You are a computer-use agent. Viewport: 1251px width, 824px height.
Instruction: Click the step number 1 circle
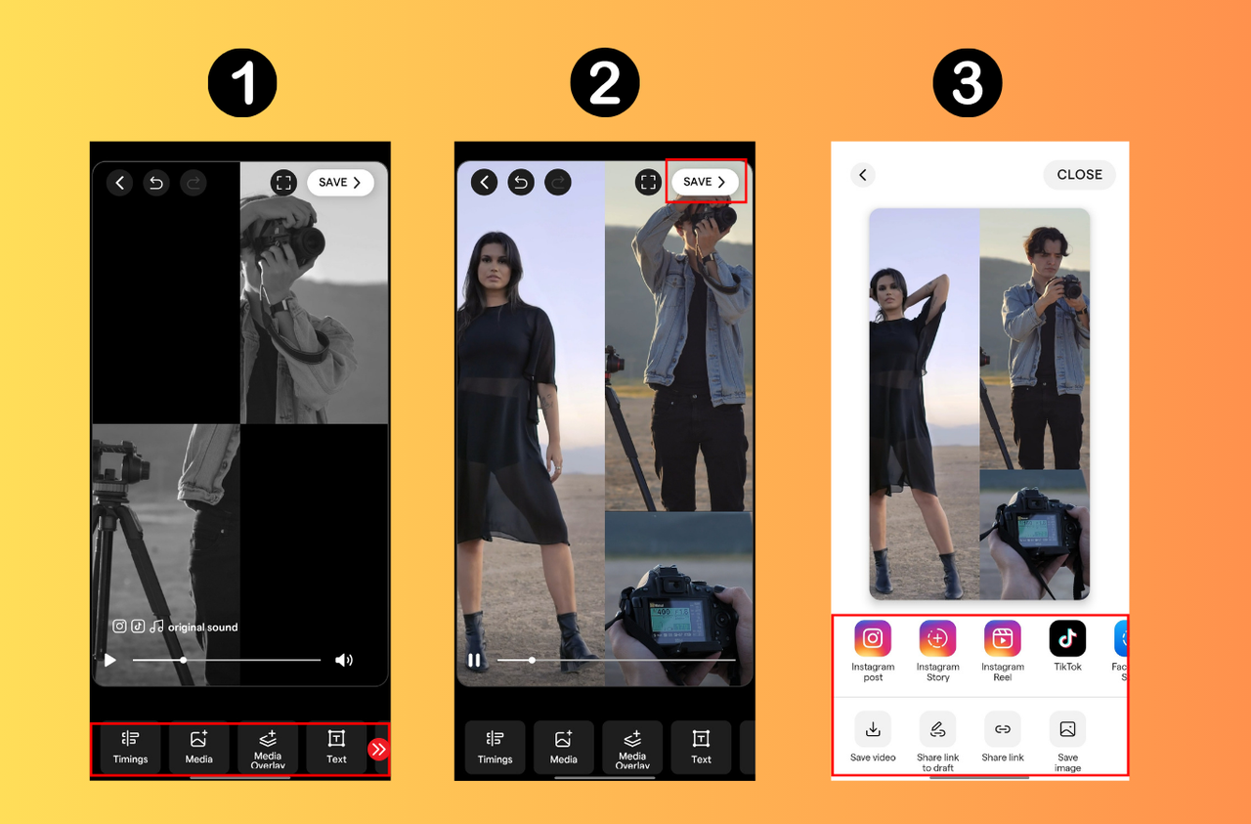tap(242, 84)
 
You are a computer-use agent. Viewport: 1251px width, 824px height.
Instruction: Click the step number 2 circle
tap(605, 84)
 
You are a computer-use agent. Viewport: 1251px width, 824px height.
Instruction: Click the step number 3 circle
tap(968, 84)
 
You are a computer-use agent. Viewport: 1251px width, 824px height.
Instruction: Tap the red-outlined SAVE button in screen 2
tap(705, 182)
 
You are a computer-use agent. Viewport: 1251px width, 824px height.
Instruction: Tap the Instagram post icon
tap(873, 639)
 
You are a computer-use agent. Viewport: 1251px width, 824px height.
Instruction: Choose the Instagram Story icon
tap(937, 639)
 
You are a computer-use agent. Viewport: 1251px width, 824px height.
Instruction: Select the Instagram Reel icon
tap(1003, 639)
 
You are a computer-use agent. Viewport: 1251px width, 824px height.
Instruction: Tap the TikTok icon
tap(1067, 639)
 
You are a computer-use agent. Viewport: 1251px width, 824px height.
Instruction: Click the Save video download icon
tap(873, 729)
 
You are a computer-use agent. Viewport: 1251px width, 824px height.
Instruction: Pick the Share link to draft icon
tap(937, 729)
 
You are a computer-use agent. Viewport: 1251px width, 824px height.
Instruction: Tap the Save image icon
tap(1067, 729)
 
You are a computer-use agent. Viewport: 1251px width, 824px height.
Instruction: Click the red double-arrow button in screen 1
tap(378, 750)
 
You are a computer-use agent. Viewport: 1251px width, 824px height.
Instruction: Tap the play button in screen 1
tap(110, 661)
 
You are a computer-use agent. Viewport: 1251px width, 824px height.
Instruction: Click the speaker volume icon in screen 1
tap(344, 661)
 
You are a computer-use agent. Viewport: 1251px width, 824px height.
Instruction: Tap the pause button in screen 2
tap(474, 661)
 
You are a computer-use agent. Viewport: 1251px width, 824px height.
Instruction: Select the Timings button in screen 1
tap(131, 748)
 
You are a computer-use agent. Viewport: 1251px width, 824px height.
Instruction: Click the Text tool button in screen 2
tap(701, 748)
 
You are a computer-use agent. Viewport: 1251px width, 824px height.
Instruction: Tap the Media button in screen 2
tap(564, 748)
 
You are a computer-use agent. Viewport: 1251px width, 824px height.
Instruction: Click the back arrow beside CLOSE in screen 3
tap(862, 175)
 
